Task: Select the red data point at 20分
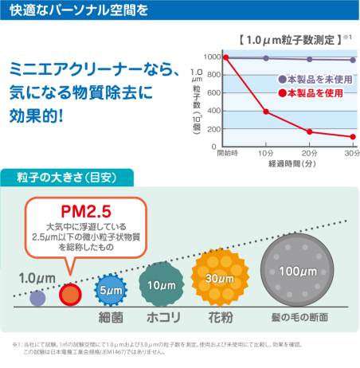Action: pos(309,131)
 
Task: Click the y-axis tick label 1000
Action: pos(210,57)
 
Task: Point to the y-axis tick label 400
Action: pos(213,112)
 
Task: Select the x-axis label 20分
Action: pos(309,153)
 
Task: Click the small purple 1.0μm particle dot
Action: pos(37,299)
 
